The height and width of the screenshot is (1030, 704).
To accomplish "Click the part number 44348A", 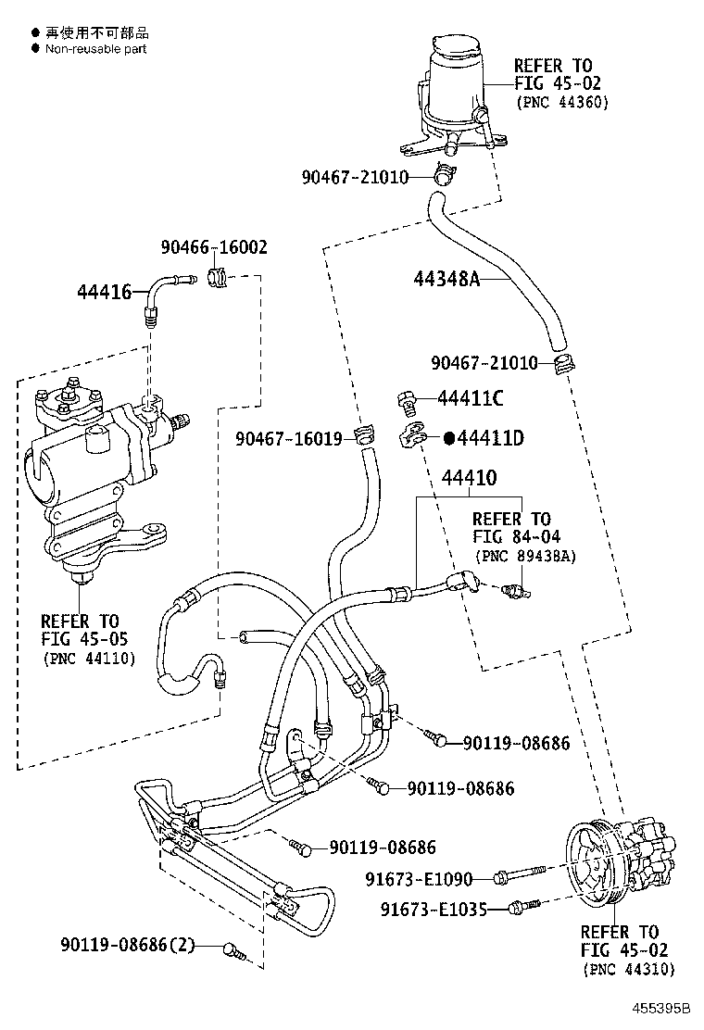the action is click(446, 279).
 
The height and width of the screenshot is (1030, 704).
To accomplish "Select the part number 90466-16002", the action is click(214, 247).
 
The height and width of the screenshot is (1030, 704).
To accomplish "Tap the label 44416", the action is click(105, 292).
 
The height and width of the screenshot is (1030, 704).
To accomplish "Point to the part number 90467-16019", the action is click(289, 438).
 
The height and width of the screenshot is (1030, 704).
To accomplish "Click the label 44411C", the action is click(471, 398).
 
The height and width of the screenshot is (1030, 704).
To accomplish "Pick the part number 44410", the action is click(469, 478).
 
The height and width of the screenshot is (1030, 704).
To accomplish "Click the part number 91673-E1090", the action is click(419, 878).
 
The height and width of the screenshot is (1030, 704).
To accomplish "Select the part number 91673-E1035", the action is click(434, 910).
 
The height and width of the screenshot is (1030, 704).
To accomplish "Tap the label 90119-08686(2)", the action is click(128, 946).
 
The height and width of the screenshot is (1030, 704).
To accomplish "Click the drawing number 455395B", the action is click(662, 1009).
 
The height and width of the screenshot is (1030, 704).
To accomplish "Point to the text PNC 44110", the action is click(89, 659).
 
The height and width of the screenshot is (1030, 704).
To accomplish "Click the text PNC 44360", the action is click(562, 102).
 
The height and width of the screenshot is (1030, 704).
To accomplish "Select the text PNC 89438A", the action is click(525, 556).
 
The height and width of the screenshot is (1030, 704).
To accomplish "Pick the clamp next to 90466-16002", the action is click(219, 277).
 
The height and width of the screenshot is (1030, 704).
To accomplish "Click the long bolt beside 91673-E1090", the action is click(519, 874).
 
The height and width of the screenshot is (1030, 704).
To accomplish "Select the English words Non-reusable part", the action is click(96, 49).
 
